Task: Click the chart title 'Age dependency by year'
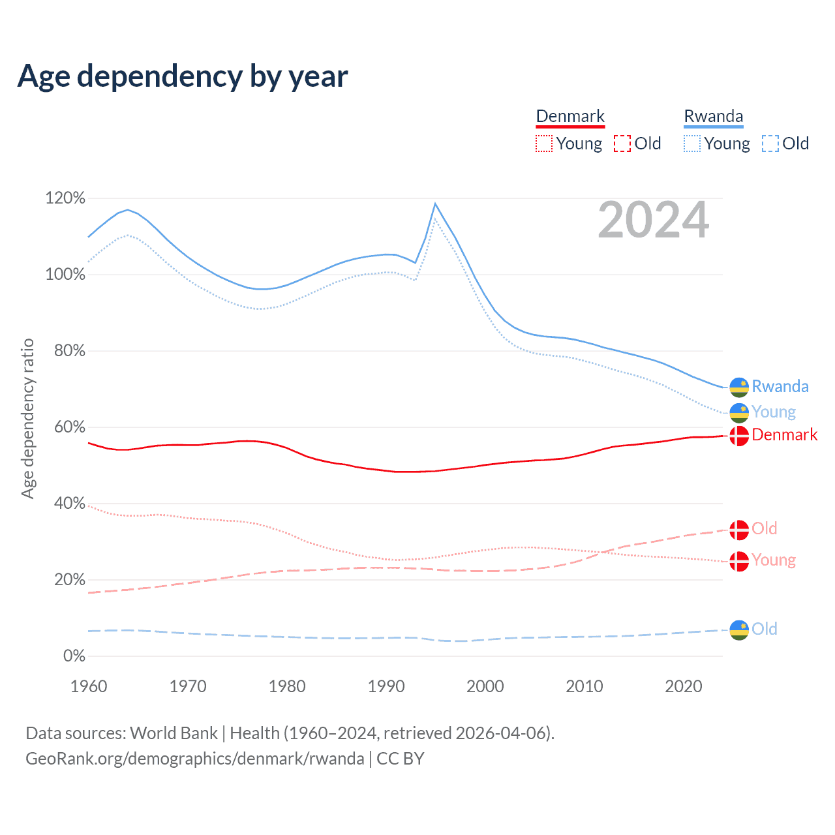click(x=183, y=76)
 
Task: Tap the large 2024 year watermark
click(x=653, y=220)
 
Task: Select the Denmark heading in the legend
click(x=570, y=116)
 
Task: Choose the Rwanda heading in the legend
click(x=713, y=116)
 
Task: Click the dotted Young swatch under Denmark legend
click(x=544, y=144)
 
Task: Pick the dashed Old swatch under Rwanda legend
click(x=770, y=144)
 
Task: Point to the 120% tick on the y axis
click(x=65, y=198)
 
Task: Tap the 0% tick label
click(x=74, y=656)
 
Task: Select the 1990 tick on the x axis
click(x=386, y=686)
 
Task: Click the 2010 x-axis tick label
click(x=584, y=686)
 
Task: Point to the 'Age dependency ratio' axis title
click(x=27, y=418)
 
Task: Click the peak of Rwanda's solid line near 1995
click(x=435, y=204)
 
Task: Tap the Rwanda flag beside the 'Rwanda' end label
click(x=739, y=387)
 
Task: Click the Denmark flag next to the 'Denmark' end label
click(x=739, y=435)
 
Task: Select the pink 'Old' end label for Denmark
click(x=764, y=528)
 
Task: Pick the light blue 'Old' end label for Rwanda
click(x=764, y=629)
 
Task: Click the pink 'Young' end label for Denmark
click(x=773, y=560)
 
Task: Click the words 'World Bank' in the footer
click(x=174, y=733)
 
